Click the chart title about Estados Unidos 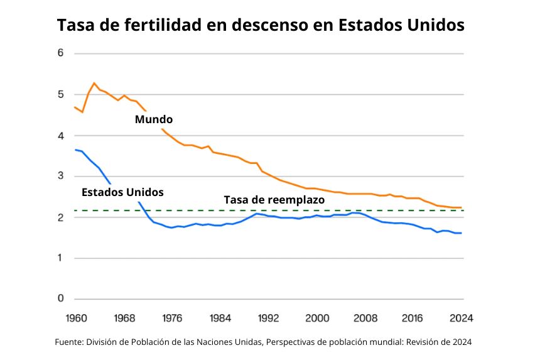coord(261,25)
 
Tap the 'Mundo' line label coord(154,119)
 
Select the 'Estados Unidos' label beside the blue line coord(122,192)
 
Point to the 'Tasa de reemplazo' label coord(274,199)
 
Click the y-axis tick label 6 coord(61,53)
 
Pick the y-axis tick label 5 coord(61,94)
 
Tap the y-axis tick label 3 coord(61,176)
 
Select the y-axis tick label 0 coord(61,298)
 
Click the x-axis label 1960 coord(75,317)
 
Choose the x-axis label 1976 coord(173,317)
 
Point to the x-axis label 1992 coord(269,317)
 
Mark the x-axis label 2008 coord(366,317)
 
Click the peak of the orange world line coord(94,83)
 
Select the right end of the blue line coord(462,233)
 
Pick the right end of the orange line coord(462,207)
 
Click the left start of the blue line coord(75,150)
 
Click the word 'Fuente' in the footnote coord(70,342)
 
